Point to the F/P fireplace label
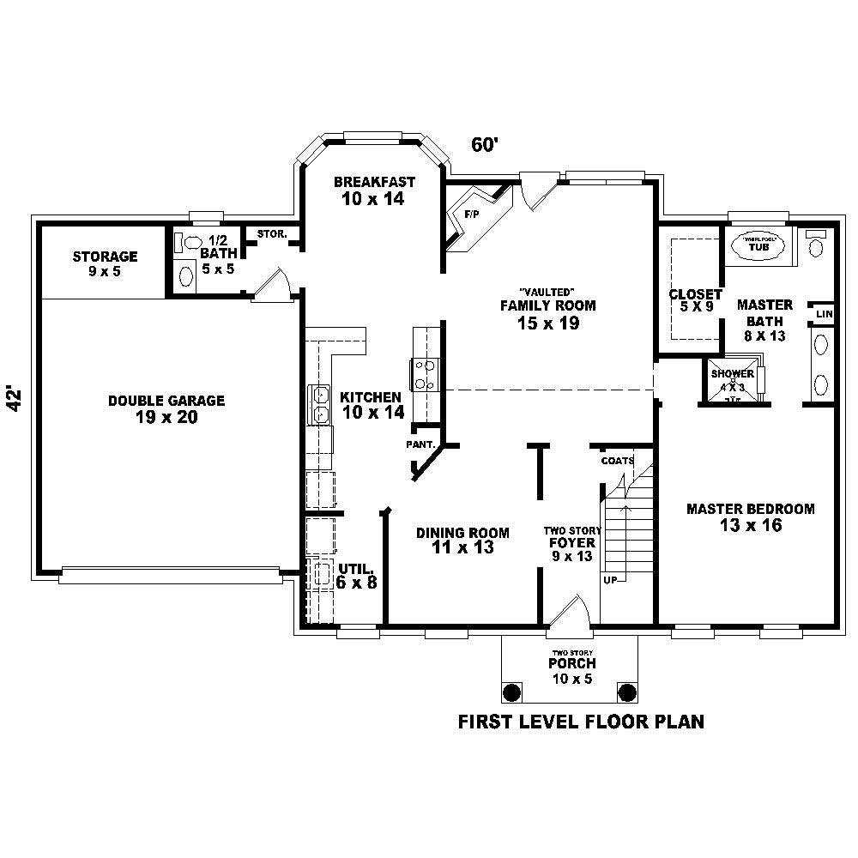point(471,212)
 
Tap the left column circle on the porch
point(512,692)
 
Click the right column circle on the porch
point(627,692)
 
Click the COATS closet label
point(617,461)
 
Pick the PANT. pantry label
point(423,444)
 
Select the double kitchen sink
point(319,405)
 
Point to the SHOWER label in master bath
point(732,374)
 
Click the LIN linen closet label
point(825,314)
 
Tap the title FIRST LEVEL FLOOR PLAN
point(581,721)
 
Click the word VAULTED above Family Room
point(547,292)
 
